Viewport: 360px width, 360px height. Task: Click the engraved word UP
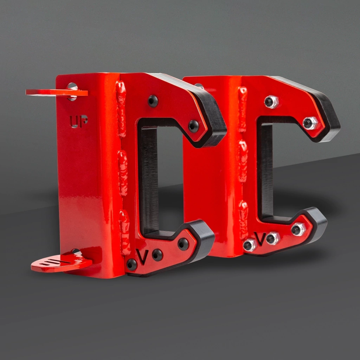[x=78, y=121]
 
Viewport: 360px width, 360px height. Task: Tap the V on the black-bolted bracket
[x=142, y=257]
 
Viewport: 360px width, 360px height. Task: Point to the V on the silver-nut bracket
[x=260, y=239]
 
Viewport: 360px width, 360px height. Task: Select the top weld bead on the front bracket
[x=121, y=109]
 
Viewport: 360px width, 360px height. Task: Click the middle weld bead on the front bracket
[x=123, y=173]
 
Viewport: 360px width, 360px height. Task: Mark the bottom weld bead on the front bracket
[x=125, y=232]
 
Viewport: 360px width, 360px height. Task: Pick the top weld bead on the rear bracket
[x=243, y=109]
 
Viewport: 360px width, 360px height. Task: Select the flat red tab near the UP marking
[x=57, y=92]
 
